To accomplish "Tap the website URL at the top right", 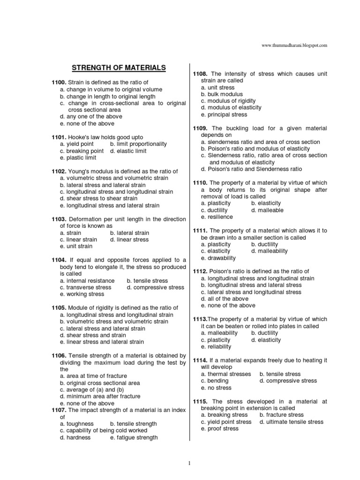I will (x=294, y=45).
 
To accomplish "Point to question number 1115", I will (x=201, y=401).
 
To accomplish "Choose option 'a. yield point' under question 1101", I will (x=77, y=144).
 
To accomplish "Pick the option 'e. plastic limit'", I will (x=79, y=158).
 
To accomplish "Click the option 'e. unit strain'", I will (x=76, y=246).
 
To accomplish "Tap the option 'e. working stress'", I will (x=82, y=294).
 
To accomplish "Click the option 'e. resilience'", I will (x=217, y=217).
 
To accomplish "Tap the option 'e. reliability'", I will (x=216, y=346).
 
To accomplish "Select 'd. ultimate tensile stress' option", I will (x=291, y=421).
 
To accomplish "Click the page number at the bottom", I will (x=189, y=464).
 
